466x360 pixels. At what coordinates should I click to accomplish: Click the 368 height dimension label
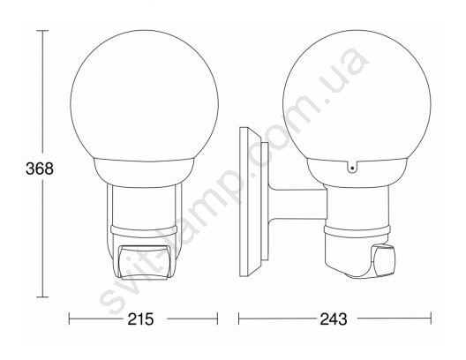pyautogui.click(x=40, y=169)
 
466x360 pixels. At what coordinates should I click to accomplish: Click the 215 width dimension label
pyautogui.click(x=140, y=319)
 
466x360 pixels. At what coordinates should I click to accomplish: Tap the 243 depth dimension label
pyautogui.click(x=334, y=319)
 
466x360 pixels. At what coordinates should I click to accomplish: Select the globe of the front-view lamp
pyautogui.click(x=145, y=95)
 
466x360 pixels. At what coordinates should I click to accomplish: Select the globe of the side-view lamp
pyautogui.click(x=357, y=95)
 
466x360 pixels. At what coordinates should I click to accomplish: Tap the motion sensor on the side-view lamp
pyautogui.click(x=384, y=260)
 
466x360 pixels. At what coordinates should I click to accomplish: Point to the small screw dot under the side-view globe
pyautogui.click(x=352, y=169)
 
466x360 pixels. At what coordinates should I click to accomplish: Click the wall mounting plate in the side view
pyautogui.click(x=251, y=202)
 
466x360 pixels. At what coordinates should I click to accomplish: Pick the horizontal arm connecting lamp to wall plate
pyautogui.click(x=297, y=205)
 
